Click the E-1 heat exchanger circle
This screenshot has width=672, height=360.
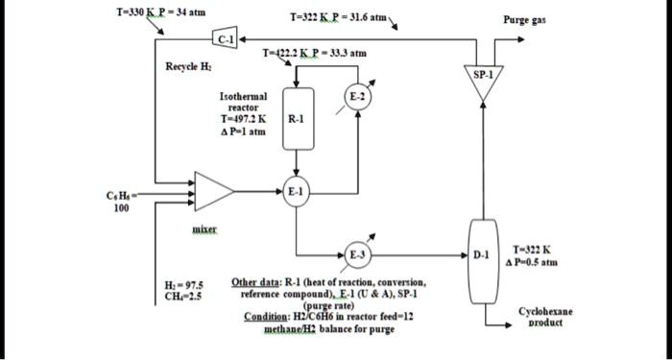[296, 191]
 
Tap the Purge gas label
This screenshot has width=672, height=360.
[526, 20]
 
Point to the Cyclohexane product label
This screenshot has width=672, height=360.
[544, 318]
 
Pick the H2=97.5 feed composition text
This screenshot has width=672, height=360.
[182, 285]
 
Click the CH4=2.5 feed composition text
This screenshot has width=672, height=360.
[182, 297]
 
